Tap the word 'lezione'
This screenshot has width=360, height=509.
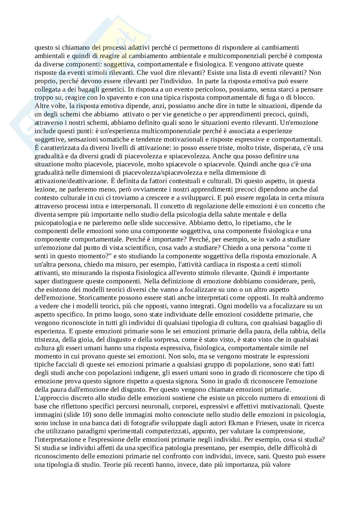44,189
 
